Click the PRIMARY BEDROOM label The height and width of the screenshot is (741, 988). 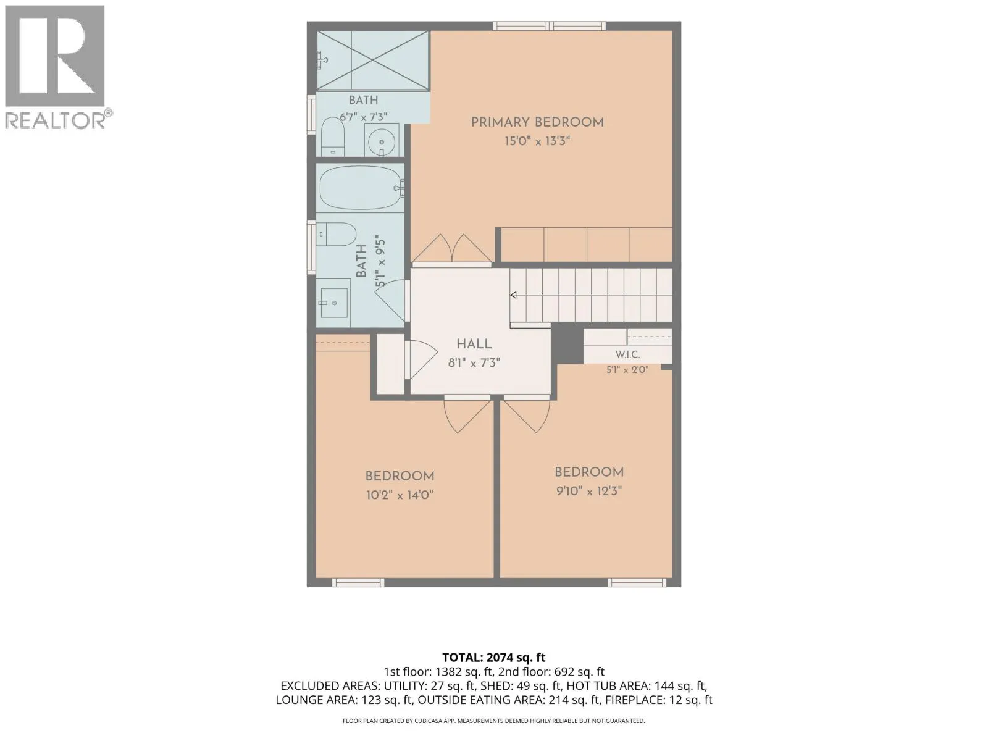(x=537, y=122)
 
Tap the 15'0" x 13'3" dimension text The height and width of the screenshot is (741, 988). (x=537, y=141)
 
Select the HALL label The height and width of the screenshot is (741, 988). (x=474, y=344)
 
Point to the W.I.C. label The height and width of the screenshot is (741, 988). (x=627, y=354)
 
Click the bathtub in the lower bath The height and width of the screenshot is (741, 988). (x=361, y=188)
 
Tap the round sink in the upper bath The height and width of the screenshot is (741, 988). (x=381, y=140)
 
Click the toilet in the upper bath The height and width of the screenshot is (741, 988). (x=333, y=136)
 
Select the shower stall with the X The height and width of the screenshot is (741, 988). (x=373, y=61)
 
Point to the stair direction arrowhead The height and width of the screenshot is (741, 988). (x=513, y=295)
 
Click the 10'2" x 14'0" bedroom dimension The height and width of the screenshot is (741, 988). (x=400, y=495)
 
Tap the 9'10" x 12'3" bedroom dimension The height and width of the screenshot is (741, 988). (x=588, y=491)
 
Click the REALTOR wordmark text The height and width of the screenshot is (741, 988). (x=56, y=120)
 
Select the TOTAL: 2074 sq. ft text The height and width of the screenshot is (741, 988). (x=494, y=658)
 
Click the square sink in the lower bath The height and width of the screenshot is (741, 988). (x=334, y=303)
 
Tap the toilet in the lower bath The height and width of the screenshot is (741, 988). (x=336, y=235)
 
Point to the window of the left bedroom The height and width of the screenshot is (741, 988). (x=358, y=583)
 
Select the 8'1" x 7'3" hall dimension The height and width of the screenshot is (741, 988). (x=474, y=363)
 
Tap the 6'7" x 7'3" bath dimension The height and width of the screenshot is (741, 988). (x=363, y=117)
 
